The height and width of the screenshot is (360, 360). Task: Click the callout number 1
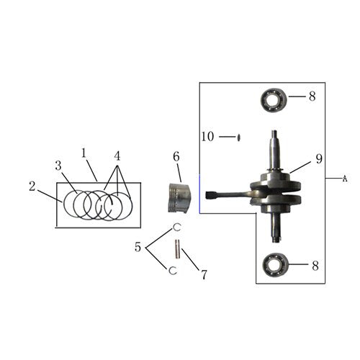click(x=84, y=153)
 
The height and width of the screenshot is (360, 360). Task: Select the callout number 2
click(x=32, y=186)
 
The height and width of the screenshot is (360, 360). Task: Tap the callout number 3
click(x=58, y=166)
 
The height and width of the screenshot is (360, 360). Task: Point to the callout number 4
click(x=117, y=154)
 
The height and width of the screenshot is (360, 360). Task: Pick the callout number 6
click(x=175, y=156)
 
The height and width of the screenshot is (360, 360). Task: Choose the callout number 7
click(x=204, y=274)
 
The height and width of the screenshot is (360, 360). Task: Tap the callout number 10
click(x=207, y=135)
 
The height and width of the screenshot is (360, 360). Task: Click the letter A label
click(x=344, y=178)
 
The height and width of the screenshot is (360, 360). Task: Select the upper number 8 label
click(x=312, y=96)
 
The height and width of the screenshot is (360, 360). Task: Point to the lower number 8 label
click(x=315, y=265)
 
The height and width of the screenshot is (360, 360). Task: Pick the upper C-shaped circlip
click(x=175, y=228)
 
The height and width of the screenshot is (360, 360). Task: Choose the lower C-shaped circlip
click(x=171, y=271)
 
